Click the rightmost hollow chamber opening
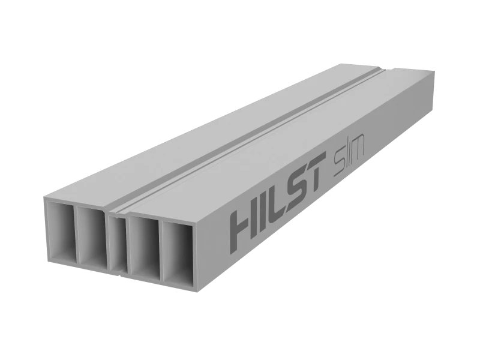tap(182, 258)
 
